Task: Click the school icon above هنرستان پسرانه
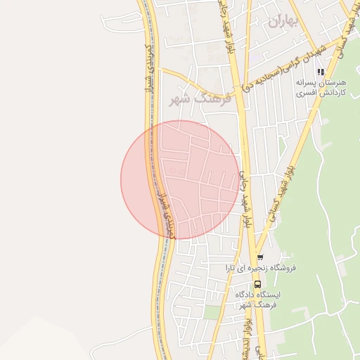(x=321, y=72)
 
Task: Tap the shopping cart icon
(x=260, y=257)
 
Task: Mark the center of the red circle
(x=181, y=180)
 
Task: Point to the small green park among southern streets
(x=212, y=311)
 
